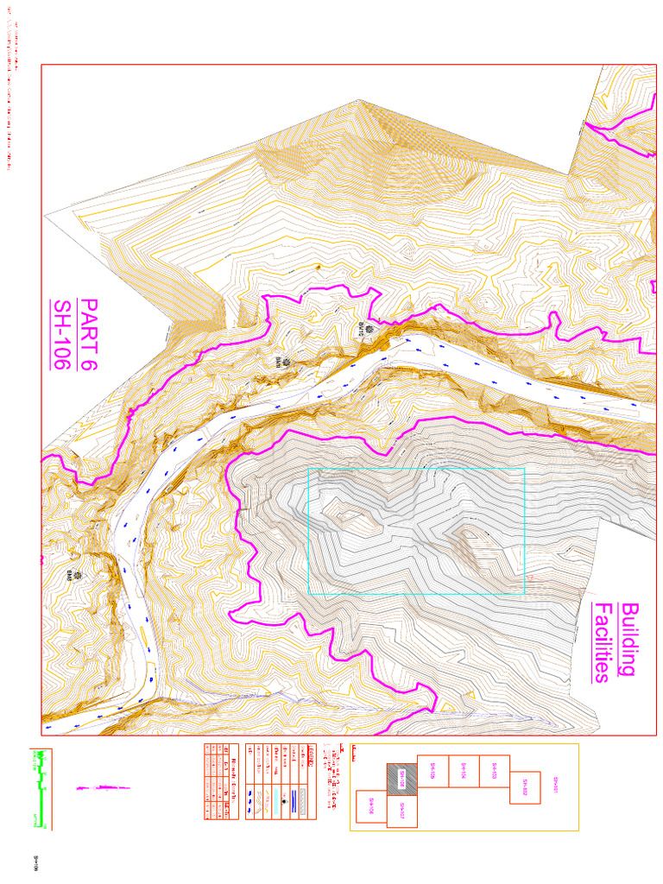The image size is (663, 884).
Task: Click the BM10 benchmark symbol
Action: (369, 329)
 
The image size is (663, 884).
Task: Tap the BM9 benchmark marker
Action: (278, 353)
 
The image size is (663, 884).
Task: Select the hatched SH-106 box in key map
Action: (401, 780)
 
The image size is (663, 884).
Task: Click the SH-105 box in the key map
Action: (433, 773)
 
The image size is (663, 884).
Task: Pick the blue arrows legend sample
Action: (251, 802)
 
